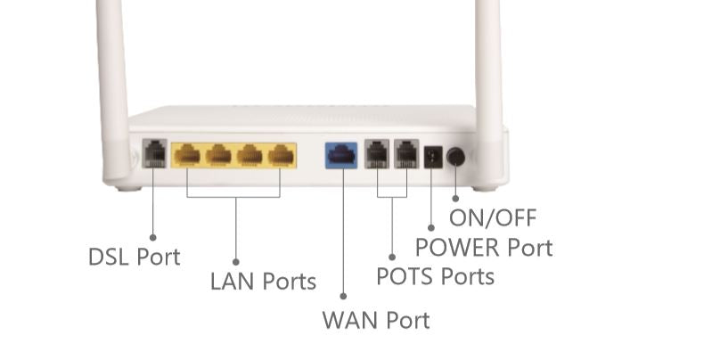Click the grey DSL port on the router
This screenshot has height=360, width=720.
click(x=154, y=153)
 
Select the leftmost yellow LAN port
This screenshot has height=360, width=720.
click(x=187, y=155)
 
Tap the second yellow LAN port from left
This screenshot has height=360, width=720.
click(x=218, y=155)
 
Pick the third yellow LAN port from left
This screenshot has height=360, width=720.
click(x=250, y=155)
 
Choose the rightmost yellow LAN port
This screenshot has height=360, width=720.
click(x=281, y=155)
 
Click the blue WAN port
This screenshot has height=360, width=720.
click(x=341, y=154)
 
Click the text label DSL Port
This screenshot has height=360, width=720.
click(x=134, y=257)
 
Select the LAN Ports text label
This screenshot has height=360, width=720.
click(x=263, y=282)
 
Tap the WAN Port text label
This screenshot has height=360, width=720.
click(x=375, y=319)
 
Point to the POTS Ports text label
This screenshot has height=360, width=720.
click(x=435, y=276)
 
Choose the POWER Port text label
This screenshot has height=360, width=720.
click(x=484, y=247)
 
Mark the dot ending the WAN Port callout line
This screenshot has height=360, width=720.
click(x=344, y=295)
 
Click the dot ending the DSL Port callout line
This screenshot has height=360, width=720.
click(x=152, y=237)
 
